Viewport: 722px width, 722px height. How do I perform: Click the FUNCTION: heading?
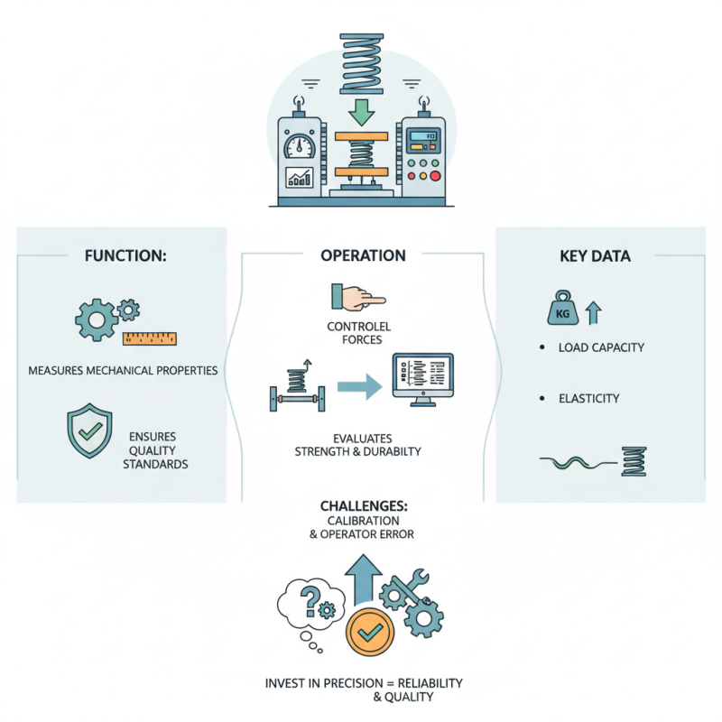coord(125,255)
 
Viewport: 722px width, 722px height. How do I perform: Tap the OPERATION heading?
coord(363,255)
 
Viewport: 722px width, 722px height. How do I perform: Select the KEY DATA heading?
coord(595,255)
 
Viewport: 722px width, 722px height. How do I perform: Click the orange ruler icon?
coord(150,339)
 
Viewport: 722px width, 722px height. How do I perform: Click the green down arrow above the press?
coord(362,113)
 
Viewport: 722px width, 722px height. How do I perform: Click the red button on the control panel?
coord(436,175)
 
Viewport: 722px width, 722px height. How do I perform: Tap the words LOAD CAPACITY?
coord(601,347)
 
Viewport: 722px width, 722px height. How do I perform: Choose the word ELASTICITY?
coord(588,398)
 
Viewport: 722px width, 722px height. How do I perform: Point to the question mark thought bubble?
coord(310,602)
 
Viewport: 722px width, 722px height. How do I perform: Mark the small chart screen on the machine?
coord(298,176)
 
